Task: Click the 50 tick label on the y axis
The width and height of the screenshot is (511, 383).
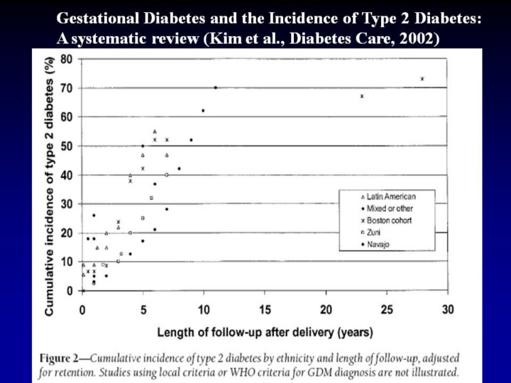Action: pyautogui.click(x=66, y=146)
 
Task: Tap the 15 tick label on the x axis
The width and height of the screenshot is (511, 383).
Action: pyautogui.click(x=265, y=309)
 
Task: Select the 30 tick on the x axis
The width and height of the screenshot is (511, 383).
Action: pyautogui.click(x=447, y=309)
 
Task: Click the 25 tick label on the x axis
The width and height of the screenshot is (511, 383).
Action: pyautogui.click(x=387, y=309)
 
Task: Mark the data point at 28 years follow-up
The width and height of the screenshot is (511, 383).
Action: pyautogui.click(x=422, y=79)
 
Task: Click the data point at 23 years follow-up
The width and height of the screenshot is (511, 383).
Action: pyautogui.click(x=362, y=96)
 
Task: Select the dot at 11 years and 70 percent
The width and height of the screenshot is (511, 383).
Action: pyautogui.click(x=216, y=88)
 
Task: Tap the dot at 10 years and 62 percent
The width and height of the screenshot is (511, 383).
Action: pyautogui.click(x=203, y=111)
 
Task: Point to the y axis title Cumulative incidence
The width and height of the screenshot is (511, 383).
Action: pyautogui.click(x=50, y=186)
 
